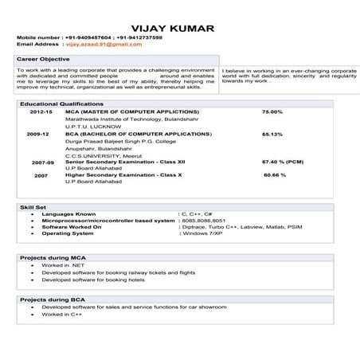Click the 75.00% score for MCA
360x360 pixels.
[272, 112]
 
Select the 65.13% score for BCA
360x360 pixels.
[272, 135]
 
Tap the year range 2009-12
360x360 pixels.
[38, 135]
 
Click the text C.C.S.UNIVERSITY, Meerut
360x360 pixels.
[106, 155]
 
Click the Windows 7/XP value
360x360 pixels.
[201, 233]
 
